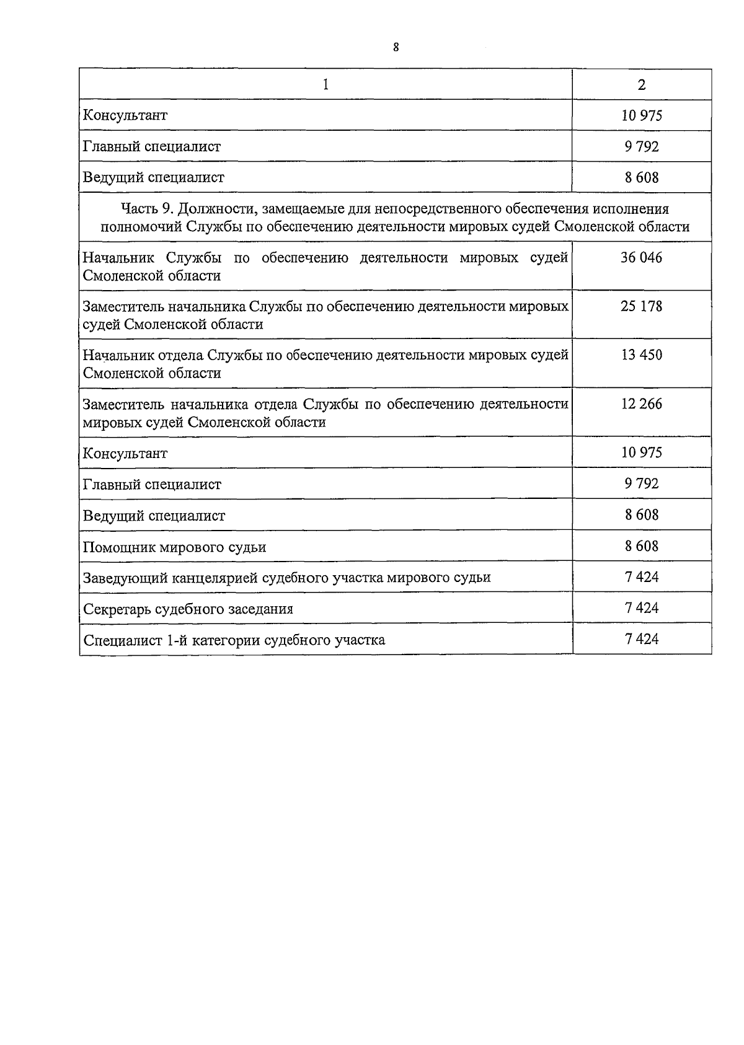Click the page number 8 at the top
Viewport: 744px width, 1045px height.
pyautogui.click(x=396, y=47)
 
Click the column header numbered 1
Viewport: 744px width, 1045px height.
pyautogui.click(x=325, y=84)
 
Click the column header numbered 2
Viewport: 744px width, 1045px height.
pyautogui.click(x=642, y=85)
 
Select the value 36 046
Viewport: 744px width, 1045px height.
pyautogui.click(x=642, y=258)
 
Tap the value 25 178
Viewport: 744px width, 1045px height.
pyautogui.click(x=642, y=306)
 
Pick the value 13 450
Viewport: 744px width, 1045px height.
pyautogui.click(x=642, y=355)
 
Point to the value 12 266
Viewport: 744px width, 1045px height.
pyautogui.click(x=642, y=404)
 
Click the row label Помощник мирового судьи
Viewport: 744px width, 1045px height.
pyautogui.click(x=175, y=547)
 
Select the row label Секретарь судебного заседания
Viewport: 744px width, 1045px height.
pyautogui.click(x=188, y=609)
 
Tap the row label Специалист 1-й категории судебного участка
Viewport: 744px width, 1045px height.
pyautogui.click(x=234, y=640)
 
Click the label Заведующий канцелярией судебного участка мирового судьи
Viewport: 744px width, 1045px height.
pyautogui.click(x=286, y=578)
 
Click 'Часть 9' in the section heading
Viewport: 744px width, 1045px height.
pyautogui.click(x=145, y=209)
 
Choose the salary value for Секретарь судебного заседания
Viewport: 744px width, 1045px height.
pyautogui.click(x=642, y=608)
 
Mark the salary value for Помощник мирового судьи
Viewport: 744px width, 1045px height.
pyautogui.click(x=642, y=546)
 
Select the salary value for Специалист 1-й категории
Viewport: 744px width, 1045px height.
pyautogui.click(x=642, y=639)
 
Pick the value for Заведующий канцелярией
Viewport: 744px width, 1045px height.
pyautogui.click(x=642, y=577)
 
